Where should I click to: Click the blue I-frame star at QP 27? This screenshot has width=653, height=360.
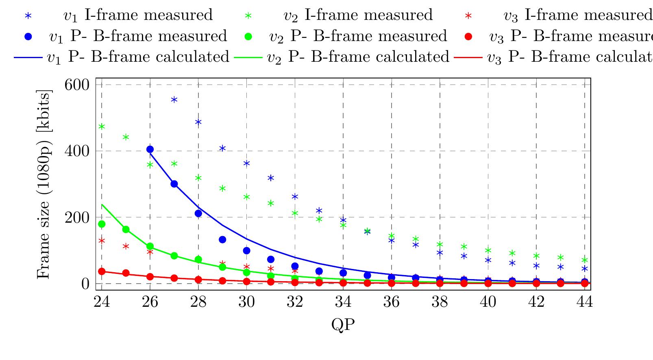[174, 100]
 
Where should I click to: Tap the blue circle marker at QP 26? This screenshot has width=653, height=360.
[150, 150]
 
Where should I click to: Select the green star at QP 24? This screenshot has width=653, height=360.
[102, 127]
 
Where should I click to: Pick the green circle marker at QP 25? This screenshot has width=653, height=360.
[126, 230]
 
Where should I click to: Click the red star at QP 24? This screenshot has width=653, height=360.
[102, 241]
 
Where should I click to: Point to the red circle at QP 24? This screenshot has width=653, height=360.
[102, 271]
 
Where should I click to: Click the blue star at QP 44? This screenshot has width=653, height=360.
[585, 269]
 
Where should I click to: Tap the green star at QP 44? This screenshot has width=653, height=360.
[585, 260]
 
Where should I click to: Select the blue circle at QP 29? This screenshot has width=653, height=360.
[222, 240]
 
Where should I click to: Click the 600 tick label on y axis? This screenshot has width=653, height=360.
[77, 85]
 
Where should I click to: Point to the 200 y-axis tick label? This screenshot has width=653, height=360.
[77, 218]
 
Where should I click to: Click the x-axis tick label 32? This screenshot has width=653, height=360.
[295, 303]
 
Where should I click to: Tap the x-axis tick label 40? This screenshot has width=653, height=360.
[488, 303]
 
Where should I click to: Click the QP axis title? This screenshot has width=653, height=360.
[343, 325]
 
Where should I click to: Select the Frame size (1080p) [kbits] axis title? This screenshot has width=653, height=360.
[44, 184]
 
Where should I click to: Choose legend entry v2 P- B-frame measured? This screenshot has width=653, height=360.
[358, 36]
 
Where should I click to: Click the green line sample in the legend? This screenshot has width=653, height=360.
[248, 57]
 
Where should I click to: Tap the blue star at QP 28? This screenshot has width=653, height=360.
[198, 122]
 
